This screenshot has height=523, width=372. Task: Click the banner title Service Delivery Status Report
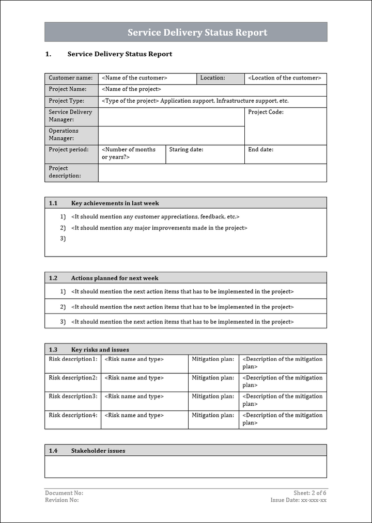click(197, 33)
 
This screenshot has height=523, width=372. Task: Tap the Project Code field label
click(266, 112)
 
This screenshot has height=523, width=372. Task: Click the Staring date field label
click(186, 150)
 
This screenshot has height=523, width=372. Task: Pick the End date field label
click(261, 150)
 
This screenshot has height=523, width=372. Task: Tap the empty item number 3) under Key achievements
click(63, 239)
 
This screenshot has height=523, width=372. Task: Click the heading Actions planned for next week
click(115, 278)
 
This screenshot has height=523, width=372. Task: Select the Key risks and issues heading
click(100, 350)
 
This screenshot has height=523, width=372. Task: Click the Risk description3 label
click(73, 397)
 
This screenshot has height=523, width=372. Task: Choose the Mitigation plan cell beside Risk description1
click(213, 359)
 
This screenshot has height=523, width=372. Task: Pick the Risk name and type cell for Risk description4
click(134, 415)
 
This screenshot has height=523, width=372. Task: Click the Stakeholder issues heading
click(98, 451)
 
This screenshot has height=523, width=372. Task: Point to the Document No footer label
click(64, 493)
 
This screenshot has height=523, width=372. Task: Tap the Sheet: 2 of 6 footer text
click(310, 493)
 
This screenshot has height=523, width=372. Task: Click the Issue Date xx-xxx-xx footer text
click(298, 500)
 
